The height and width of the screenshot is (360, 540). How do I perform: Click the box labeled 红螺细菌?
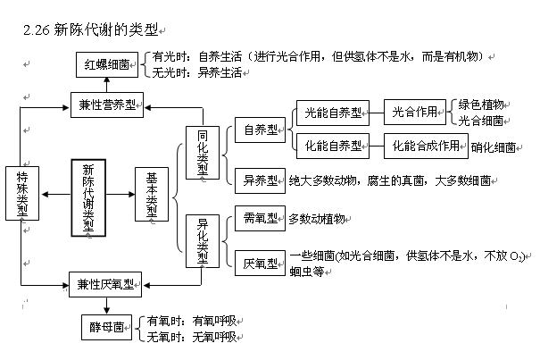point(105,63)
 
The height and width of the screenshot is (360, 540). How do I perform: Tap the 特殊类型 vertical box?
point(21,196)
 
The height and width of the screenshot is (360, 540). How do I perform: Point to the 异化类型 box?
point(204,240)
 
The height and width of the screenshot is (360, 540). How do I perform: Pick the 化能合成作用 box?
point(427,146)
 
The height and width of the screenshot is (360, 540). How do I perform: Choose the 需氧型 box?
point(260,218)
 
